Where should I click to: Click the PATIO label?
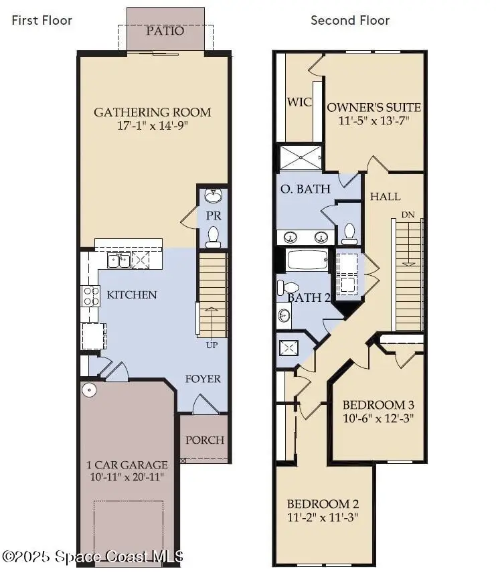tap(165, 31)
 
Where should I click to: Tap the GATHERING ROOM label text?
tap(152, 112)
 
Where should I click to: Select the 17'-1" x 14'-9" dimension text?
tap(152, 127)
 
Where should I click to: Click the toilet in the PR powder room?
tap(214, 235)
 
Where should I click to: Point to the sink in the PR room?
tap(214, 196)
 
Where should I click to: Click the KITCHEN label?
tap(133, 295)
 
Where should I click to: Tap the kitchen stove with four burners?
tap(90, 295)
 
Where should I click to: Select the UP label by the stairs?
tap(212, 345)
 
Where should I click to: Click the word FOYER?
tap(203, 379)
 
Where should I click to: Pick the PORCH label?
tap(205, 440)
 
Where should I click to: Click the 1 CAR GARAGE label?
tap(127, 464)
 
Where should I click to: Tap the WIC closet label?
tap(299, 102)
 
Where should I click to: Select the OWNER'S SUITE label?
tap(374, 107)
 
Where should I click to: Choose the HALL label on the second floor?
tap(386, 196)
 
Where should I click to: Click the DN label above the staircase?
tap(408, 215)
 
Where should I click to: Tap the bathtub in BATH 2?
tap(308, 259)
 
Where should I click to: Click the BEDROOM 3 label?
tap(378, 405)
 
